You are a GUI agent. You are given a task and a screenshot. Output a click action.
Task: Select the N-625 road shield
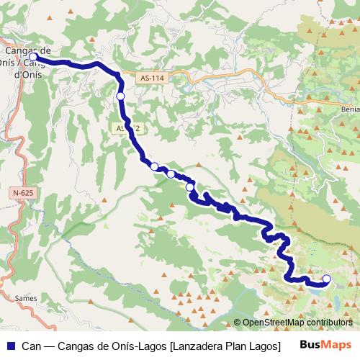(x=24, y=193)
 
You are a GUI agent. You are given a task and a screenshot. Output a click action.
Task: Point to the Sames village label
(x=25, y=297)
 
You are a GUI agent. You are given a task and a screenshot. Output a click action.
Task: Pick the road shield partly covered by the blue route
(x=125, y=127)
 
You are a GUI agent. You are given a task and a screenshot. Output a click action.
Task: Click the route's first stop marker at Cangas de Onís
(x=33, y=55)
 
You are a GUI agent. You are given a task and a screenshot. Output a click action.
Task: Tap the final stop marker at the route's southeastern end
(x=326, y=279)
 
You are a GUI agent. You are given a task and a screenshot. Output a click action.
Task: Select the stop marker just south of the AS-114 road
(x=120, y=96)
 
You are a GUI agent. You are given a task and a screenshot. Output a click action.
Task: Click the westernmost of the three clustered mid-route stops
(x=154, y=166)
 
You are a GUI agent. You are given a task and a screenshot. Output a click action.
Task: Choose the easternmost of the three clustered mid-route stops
(x=190, y=187)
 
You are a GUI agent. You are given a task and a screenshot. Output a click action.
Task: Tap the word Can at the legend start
(x=30, y=345)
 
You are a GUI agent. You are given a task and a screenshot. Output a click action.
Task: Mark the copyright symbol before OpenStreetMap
(x=238, y=322)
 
